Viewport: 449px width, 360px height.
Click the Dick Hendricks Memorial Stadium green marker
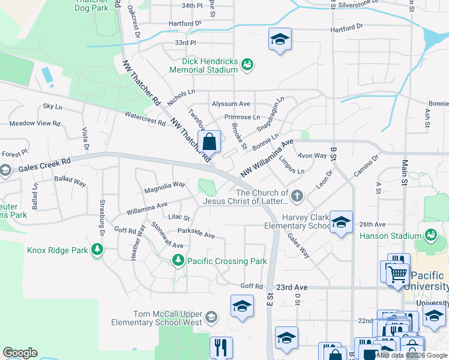coord(247,64)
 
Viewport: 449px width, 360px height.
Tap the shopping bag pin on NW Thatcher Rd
coord(209,143)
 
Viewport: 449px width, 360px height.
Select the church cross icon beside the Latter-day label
coord(296,195)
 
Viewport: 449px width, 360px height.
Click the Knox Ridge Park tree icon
coord(96,250)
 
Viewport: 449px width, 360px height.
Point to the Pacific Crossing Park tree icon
coord(178,260)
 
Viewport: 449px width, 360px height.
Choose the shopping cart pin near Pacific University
coord(397,274)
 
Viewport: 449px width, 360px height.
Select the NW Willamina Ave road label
coord(267,158)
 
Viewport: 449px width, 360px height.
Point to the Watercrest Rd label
coord(145,118)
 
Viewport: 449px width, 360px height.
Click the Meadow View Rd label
coord(35,123)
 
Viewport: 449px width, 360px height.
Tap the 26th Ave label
coord(372,224)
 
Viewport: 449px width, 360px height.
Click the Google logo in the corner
coord(20,353)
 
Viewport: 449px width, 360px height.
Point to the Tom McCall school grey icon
coord(211,316)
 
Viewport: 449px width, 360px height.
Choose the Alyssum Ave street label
coord(231,104)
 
